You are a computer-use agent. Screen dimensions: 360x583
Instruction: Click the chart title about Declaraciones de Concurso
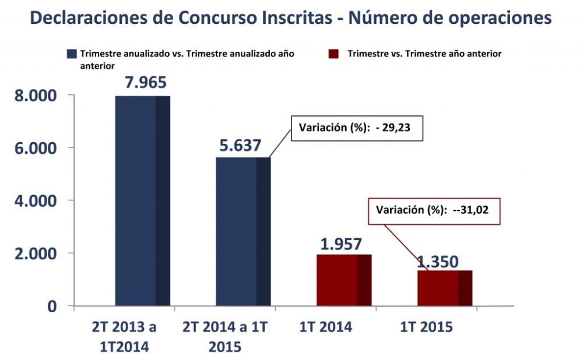(290, 17)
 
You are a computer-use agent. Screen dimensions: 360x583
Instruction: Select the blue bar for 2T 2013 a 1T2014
(142, 200)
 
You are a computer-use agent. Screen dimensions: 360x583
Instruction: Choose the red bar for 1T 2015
(444, 288)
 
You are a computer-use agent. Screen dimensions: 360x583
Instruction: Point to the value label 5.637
(240, 145)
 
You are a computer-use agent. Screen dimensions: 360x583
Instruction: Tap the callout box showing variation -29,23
(356, 128)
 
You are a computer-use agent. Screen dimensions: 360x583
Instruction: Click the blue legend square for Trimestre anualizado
(72, 54)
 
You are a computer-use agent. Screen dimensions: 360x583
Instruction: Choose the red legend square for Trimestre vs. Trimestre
(333, 54)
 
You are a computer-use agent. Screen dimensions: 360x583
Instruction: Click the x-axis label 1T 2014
(326, 327)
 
